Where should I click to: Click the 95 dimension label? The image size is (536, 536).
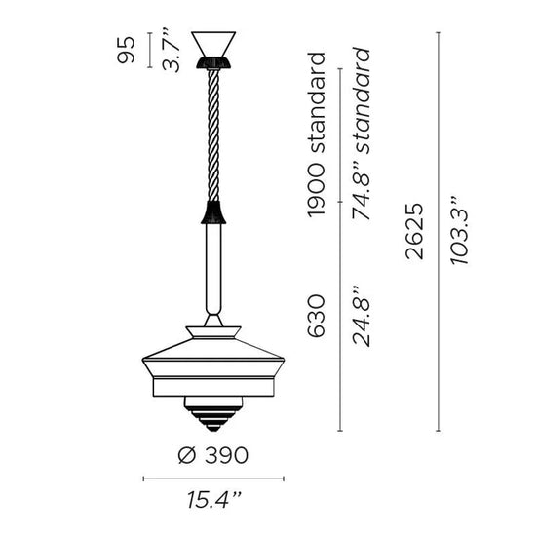[x=126, y=50]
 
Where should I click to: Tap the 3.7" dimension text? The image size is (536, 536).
[x=171, y=50]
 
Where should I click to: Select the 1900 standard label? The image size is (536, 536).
[x=315, y=135]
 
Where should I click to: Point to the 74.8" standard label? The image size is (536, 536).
[x=361, y=134]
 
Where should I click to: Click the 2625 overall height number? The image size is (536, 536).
[x=414, y=231]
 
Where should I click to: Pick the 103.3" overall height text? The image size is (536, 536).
[x=459, y=231]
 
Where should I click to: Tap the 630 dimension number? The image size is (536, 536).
[x=316, y=316]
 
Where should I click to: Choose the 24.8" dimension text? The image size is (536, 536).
[x=361, y=316]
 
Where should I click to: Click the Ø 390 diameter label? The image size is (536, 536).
[x=213, y=455]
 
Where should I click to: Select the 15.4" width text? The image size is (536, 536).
[x=214, y=499]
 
